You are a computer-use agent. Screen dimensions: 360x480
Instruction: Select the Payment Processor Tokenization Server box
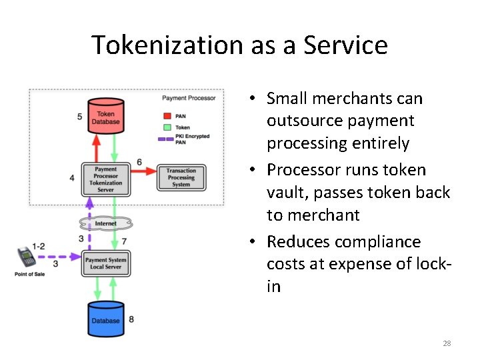click(x=105, y=179)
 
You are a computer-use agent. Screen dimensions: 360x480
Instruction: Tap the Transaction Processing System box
click(x=181, y=178)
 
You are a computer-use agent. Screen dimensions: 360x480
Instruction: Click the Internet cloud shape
click(x=105, y=223)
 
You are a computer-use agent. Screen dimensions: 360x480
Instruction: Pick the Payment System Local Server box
click(x=105, y=263)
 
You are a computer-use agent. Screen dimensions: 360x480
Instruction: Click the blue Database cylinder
click(x=105, y=319)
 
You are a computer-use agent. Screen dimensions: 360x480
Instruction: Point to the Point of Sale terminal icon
click(x=27, y=258)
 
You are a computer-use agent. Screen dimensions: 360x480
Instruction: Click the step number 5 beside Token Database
click(x=80, y=117)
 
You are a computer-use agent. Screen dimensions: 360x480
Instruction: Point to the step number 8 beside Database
click(x=131, y=319)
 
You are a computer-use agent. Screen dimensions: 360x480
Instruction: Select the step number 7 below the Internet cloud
click(x=124, y=241)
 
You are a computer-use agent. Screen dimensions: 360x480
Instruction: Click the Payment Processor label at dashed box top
click(x=189, y=98)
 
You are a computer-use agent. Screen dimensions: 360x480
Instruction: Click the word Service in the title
click(x=345, y=45)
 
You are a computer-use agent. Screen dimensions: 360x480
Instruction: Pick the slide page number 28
click(x=447, y=343)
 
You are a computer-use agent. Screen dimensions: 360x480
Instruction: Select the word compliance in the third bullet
click(x=379, y=241)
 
